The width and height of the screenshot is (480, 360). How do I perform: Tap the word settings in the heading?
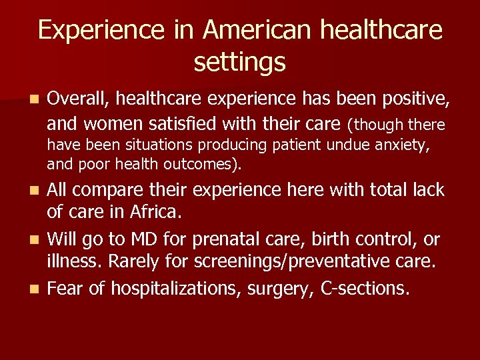(x=239, y=63)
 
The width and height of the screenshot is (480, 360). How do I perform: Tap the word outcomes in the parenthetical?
(x=207, y=164)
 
